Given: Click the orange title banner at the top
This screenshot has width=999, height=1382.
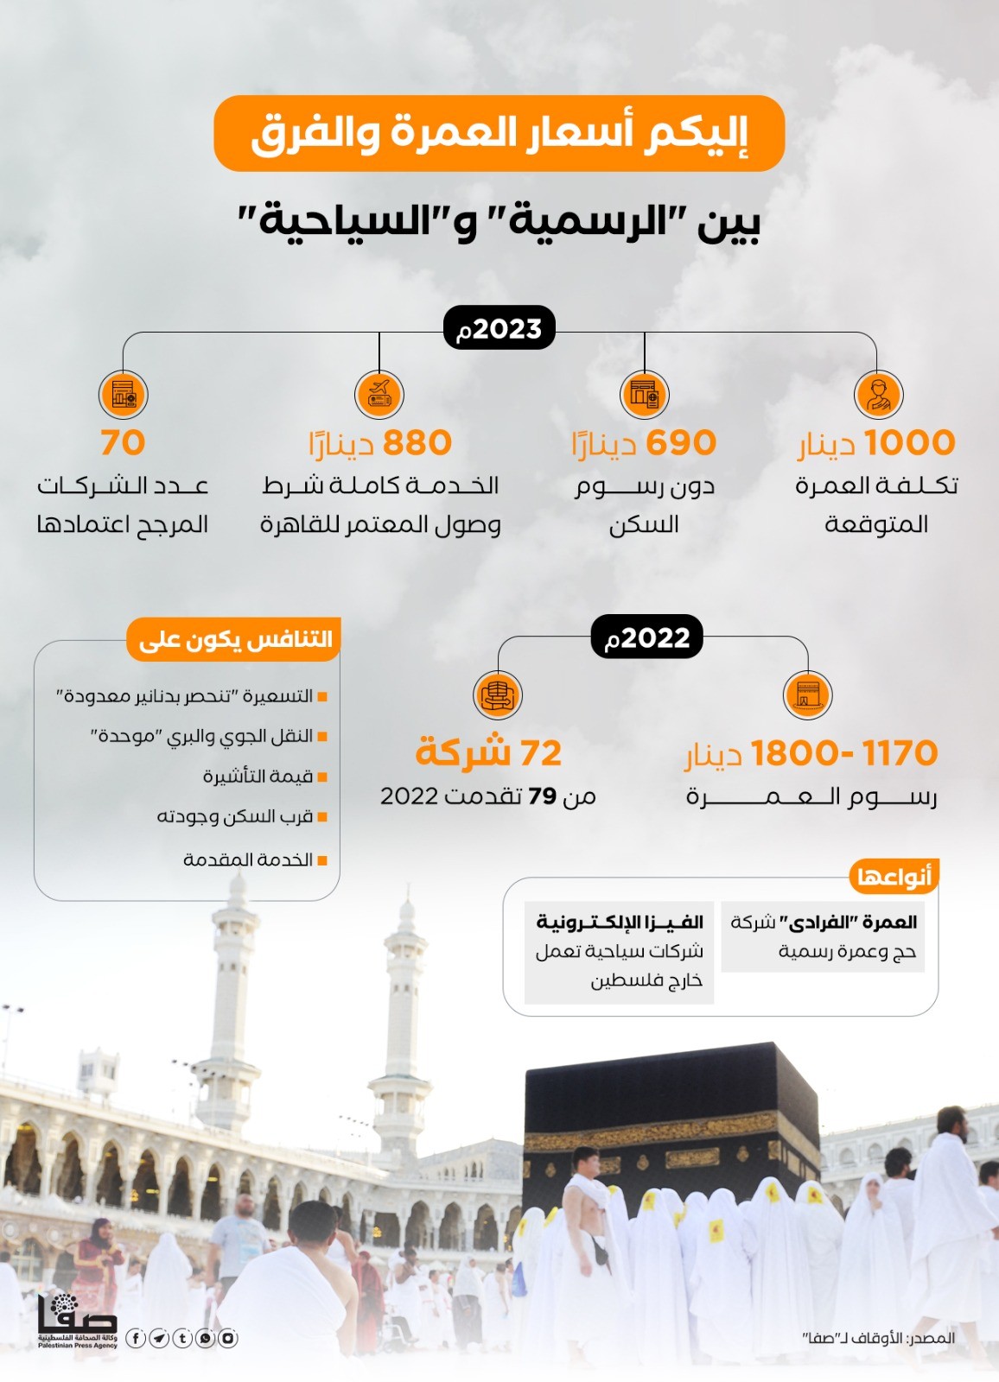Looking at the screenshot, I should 499,133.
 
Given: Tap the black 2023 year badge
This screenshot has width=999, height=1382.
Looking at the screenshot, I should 499,328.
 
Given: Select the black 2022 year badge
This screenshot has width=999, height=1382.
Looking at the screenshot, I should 646,637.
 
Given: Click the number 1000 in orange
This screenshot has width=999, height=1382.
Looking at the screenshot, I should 909,442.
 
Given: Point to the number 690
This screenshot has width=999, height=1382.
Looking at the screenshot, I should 681,442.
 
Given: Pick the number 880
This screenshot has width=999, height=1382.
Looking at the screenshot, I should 417,442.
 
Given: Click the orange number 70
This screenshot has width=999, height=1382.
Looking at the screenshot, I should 123,442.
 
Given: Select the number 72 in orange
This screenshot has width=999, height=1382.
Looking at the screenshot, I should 540,753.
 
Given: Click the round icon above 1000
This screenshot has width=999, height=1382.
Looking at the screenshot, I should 878,395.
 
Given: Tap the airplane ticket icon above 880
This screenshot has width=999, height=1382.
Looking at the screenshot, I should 379,395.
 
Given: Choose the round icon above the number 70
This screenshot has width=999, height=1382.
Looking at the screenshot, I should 124,395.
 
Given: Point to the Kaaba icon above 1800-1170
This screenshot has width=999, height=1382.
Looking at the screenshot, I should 807,694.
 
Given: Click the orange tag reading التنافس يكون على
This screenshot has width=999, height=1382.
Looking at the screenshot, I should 234,639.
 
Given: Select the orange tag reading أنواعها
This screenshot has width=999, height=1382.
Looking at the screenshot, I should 894,878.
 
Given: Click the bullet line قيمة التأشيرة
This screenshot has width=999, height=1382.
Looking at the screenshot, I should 258,777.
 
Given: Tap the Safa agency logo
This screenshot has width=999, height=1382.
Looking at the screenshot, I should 77,1322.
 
